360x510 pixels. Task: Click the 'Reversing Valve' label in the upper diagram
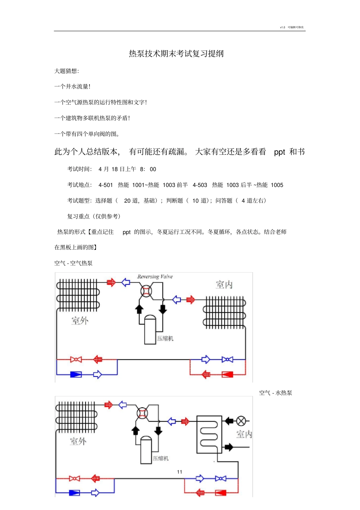(155, 277)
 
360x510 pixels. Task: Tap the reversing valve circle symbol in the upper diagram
(146, 291)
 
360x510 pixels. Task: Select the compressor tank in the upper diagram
(150, 330)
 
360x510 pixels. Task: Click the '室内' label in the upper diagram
(224, 285)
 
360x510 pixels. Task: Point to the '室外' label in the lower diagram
(78, 441)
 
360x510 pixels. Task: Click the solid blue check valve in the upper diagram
(76, 375)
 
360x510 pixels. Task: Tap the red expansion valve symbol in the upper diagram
(76, 359)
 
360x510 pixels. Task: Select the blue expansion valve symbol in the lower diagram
(221, 479)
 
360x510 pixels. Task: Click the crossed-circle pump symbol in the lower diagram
(241, 421)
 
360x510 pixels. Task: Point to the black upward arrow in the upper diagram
(139, 309)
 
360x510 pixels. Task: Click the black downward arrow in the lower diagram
(158, 430)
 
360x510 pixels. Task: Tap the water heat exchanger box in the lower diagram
(209, 434)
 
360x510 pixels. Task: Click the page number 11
(180, 472)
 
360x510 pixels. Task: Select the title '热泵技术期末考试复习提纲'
(176, 53)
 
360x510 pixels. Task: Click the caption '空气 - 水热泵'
(275, 393)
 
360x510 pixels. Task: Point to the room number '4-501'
(106, 185)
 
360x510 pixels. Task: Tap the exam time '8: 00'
(148, 169)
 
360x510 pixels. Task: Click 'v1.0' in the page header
(282, 27)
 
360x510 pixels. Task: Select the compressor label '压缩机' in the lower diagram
(161, 458)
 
